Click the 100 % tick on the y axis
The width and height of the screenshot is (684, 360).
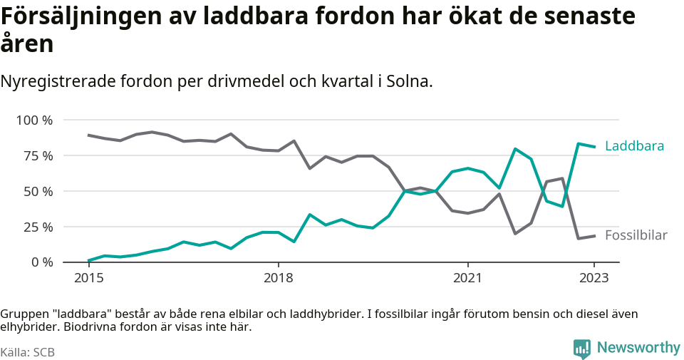pos(34,120)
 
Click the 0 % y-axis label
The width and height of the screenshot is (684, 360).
pos(41,262)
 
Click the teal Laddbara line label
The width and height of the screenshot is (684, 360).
pos(634,146)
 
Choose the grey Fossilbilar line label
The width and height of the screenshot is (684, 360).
pos(636,235)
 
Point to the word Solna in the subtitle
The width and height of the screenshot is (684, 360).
pos(408,81)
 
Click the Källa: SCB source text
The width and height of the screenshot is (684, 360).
pos(28,352)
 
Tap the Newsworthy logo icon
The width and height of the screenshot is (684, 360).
pos(582,349)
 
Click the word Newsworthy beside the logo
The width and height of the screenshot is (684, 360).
pos(638,348)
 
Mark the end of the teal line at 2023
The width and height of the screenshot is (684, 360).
pos(594,147)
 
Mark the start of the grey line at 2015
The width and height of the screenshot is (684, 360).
pos(88,135)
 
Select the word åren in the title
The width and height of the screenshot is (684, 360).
pos(27,44)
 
